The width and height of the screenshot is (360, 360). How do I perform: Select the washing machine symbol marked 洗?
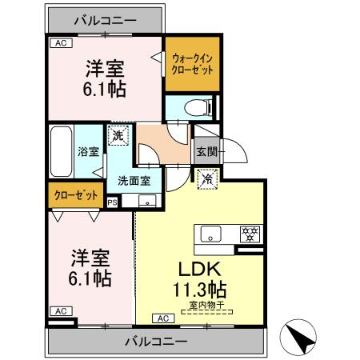click(118, 136)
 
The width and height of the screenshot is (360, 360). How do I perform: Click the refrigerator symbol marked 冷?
click(206, 180)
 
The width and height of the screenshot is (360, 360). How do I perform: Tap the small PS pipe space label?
click(112, 203)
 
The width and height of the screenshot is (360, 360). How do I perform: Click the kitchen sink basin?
click(211, 234)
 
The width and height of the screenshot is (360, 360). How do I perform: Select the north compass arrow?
click(306, 338)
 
